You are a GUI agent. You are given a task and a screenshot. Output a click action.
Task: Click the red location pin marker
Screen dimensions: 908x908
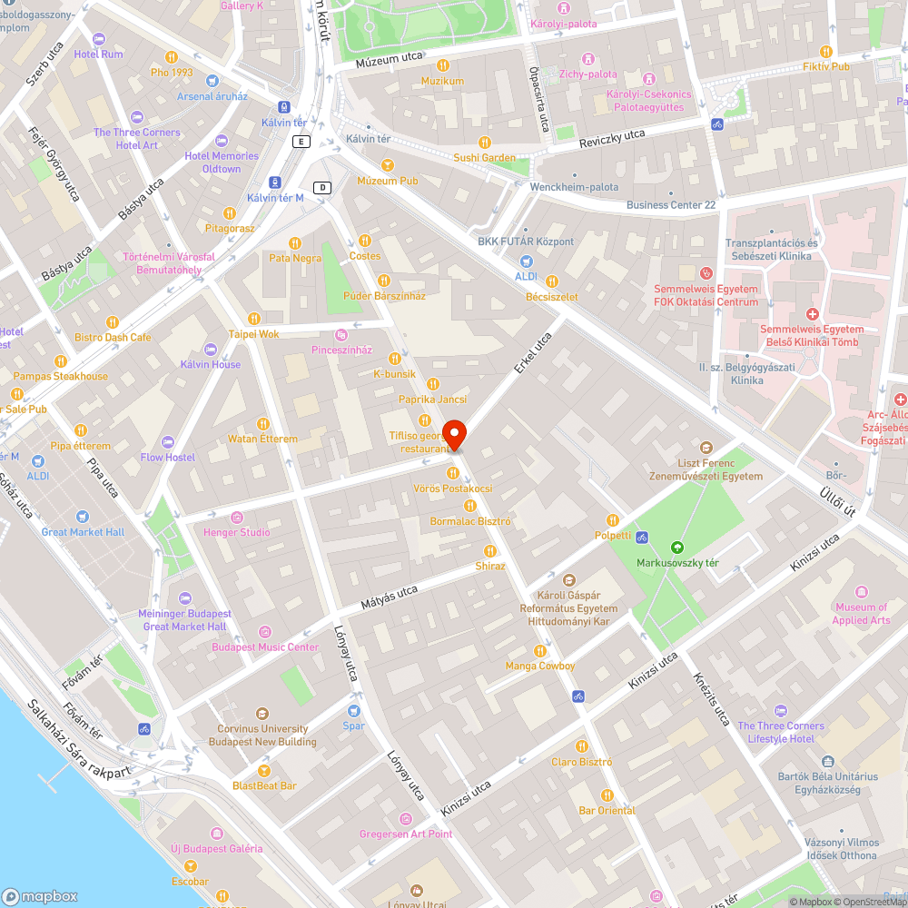tap(454, 435)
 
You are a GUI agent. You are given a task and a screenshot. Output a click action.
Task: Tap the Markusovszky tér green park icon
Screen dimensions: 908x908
tap(676, 548)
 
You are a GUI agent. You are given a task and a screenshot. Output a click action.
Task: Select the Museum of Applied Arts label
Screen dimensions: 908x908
tap(861, 614)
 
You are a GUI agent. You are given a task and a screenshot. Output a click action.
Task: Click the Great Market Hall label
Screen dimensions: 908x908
tap(83, 532)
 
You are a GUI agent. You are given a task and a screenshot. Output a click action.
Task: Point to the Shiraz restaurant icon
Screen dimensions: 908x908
tap(490, 551)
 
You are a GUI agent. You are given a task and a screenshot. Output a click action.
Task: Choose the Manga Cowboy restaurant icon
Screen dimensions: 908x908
tap(540, 650)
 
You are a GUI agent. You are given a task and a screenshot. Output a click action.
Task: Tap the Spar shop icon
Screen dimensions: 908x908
tap(354, 710)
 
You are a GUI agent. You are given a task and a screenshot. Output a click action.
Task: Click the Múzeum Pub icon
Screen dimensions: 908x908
tap(388, 164)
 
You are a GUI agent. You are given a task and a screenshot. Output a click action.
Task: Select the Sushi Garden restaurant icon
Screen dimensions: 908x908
tap(485, 142)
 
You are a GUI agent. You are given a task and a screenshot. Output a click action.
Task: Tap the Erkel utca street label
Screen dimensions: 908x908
tap(533, 354)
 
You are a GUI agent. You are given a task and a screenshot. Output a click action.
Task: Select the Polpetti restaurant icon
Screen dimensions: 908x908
tap(612, 519)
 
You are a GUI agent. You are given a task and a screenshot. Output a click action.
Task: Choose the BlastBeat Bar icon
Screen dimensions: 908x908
tap(264, 770)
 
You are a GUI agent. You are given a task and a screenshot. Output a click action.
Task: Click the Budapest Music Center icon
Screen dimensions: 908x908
tap(265, 632)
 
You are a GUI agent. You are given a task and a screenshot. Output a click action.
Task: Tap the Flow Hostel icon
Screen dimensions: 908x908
tap(168, 442)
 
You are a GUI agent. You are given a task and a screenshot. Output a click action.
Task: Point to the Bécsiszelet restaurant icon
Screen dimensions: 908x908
tap(551, 281)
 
